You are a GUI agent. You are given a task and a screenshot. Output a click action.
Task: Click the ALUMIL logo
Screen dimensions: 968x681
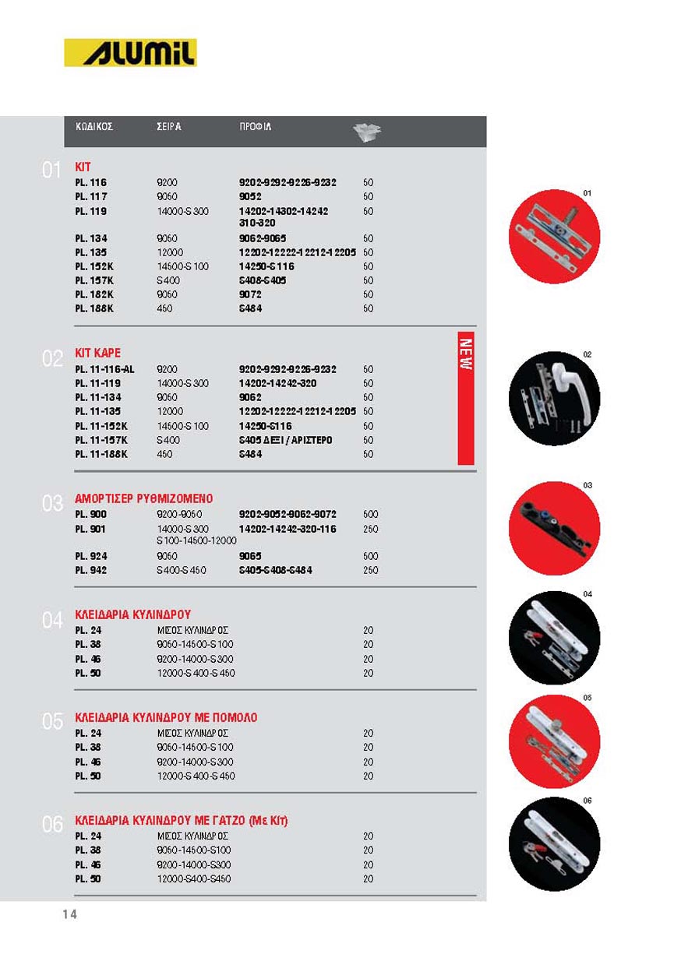[x=130, y=53]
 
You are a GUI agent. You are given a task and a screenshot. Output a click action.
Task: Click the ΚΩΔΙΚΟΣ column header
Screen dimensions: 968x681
[x=94, y=126]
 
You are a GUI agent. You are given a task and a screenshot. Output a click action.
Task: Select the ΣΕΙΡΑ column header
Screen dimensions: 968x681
[x=169, y=126]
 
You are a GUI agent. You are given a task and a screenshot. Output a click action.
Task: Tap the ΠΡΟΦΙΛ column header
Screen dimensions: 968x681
[x=255, y=126]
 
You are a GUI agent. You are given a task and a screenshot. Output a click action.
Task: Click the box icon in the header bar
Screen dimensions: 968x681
[x=367, y=132]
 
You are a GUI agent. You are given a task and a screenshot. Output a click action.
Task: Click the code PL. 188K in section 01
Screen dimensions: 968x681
[x=94, y=308]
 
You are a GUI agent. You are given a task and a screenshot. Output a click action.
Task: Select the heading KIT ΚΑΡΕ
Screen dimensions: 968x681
[x=97, y=354]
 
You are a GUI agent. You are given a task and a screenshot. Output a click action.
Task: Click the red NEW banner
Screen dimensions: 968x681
[x=466, y=398]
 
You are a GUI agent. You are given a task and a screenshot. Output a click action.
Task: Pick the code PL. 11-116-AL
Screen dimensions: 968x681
[x=104, y=369]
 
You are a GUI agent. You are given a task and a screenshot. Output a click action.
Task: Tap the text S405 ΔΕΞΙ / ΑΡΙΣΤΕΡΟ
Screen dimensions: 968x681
[x=285, y=440]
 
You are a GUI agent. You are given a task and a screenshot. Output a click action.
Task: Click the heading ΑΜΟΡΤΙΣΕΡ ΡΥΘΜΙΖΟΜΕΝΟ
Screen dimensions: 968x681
[x=143, y=498]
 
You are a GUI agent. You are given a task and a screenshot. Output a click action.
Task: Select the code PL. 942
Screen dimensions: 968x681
[x=91, y=570]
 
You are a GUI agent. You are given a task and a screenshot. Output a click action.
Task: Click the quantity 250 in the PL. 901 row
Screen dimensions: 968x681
[x=370, y=529]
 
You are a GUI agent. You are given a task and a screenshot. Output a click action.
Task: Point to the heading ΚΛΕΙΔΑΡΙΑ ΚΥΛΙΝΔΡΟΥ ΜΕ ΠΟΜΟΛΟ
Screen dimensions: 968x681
[x=165, y=717]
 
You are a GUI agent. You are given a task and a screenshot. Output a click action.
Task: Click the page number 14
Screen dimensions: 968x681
[x=70, y=915]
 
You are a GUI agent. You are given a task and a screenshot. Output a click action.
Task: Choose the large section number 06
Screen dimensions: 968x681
[x=52, y=824]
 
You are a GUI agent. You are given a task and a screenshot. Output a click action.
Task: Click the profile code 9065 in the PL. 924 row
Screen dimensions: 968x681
[x=250, y=556]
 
